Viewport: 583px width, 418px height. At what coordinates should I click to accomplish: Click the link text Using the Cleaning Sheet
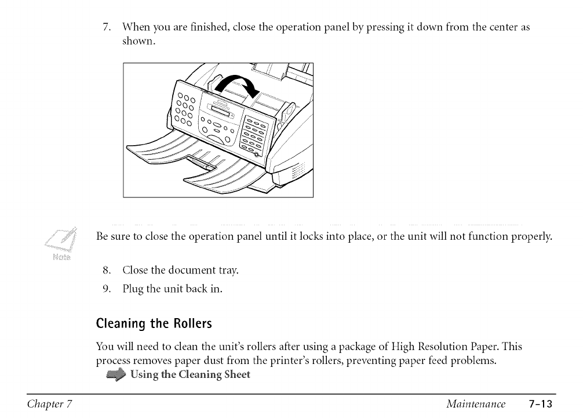[x=190, y=374]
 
